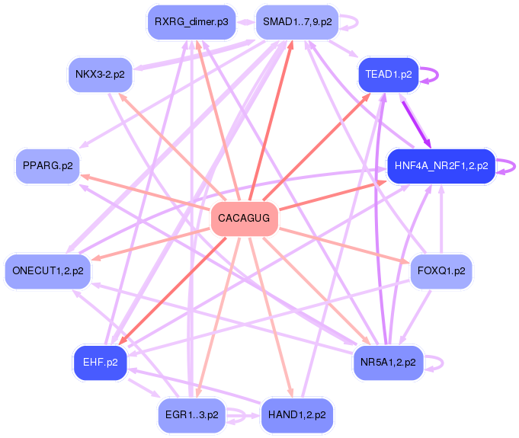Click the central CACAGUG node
pyautogui.click(x=244, y=219)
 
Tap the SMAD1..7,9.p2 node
pyautogui.click(x=296, y=21)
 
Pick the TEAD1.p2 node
pyautogui.click(x=389, y=75)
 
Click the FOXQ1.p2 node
pyautogui.click(x=441, y=271)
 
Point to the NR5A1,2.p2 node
pyautogui.click(x=389, y=362)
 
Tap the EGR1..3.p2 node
pyautogui.click(x=191, y=415)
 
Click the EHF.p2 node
pyautogui.click(x=100, y=362)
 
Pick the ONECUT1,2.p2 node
pyautogui.click(x=47, y=270)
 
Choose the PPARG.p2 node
pyautogui.click(x=47, y=165)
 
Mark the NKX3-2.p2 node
pyautogui.click(x=100, y=75)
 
